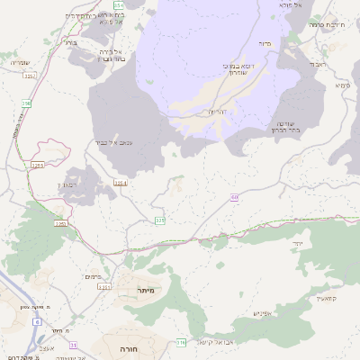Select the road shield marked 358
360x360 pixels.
tap(26, 104)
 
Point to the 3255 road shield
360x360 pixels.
tap(37, 166)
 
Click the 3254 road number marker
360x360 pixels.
tap(120, 184)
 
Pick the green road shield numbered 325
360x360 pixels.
tap(160, 220)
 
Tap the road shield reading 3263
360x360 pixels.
tap(60, 223)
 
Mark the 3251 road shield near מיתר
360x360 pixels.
tap(103, 287)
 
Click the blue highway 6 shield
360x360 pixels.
tap(38, 321)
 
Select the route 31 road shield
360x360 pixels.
tap(73, 345)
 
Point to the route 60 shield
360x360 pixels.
tap(234, 196)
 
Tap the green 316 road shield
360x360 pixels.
tap(181, 343)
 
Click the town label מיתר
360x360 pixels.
tap(148, 289)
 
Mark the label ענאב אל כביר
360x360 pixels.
tap(114, 142)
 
